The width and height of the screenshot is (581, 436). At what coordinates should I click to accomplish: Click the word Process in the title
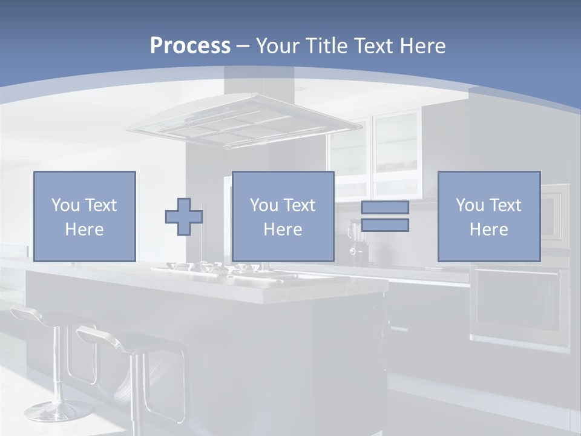190,46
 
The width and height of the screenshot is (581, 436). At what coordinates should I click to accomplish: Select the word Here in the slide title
423,46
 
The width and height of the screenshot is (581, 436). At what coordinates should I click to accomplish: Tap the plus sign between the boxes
184,217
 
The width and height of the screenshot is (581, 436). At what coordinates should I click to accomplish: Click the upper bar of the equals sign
385,207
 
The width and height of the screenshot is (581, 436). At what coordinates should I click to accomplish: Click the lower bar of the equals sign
385,225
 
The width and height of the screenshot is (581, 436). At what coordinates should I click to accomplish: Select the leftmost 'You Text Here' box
85,216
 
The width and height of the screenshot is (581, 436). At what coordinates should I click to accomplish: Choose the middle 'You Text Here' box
283,216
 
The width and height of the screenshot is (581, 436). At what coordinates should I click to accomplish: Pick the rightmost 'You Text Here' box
488,216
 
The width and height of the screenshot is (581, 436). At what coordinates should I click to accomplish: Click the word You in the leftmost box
65,205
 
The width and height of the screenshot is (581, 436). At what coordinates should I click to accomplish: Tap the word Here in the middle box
283,230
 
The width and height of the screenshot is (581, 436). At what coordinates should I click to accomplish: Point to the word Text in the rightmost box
505,205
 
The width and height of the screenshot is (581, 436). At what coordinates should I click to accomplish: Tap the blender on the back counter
354,242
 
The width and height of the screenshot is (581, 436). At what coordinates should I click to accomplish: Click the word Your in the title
280,46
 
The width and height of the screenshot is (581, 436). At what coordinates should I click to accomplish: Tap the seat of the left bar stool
36,315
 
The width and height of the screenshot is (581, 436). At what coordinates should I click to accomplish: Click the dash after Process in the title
243,46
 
